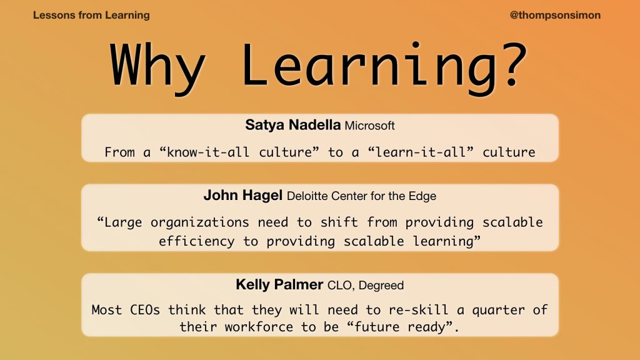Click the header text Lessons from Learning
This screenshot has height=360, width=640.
point(91,16)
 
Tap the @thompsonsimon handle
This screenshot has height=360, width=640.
point(555,16)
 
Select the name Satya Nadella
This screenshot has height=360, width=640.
point(292,124)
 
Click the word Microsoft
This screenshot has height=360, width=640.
point(369,126)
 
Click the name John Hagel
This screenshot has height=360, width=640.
point(243,195)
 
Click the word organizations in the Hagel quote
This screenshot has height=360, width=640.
point(199,222)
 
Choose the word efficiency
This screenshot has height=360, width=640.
point(197,242)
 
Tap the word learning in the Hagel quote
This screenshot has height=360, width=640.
point(443,242)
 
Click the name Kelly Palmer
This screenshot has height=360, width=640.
point(279,284)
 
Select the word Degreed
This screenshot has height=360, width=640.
point(381,285)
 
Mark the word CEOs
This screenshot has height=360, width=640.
point(145,310)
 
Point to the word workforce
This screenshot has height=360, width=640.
point(259,327)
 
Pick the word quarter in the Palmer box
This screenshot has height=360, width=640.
point(498,310)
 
